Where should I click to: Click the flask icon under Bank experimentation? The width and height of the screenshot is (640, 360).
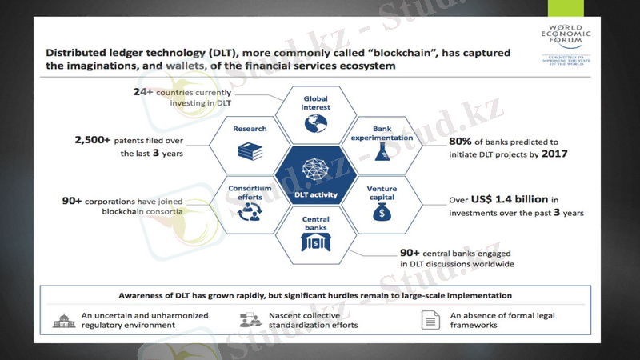click(381, 152)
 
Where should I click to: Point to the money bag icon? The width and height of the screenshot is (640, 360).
click(381, 212)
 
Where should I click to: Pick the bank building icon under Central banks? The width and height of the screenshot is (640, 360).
click(315, 242)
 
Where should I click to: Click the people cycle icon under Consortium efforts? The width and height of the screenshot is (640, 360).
click(250, 211)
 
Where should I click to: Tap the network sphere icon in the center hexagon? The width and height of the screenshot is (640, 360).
click(314, 167)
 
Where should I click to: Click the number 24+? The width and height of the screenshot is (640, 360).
click(144, 93)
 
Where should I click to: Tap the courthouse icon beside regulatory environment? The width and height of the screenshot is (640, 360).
click(63, 320)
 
